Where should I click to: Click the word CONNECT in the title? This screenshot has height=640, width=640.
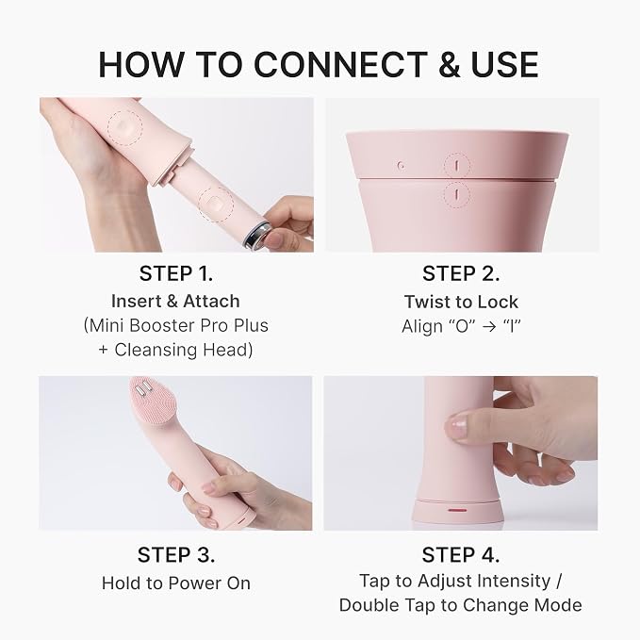point(340,64)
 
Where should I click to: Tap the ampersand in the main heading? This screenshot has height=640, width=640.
point(450,64)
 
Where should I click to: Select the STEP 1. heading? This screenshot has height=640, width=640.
point(176,273)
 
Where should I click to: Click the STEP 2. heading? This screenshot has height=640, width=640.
point(461,273)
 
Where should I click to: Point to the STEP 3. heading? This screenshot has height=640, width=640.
point(176,555)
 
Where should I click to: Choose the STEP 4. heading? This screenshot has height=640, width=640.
point(461,555)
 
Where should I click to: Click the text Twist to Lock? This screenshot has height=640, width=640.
point(461,302)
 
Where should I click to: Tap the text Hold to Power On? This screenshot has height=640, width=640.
point(176,583)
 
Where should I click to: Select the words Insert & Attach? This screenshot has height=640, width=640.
point(175,302)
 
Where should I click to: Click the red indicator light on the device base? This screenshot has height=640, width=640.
point(457,510)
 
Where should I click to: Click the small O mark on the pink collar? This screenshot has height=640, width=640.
point(402,165)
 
